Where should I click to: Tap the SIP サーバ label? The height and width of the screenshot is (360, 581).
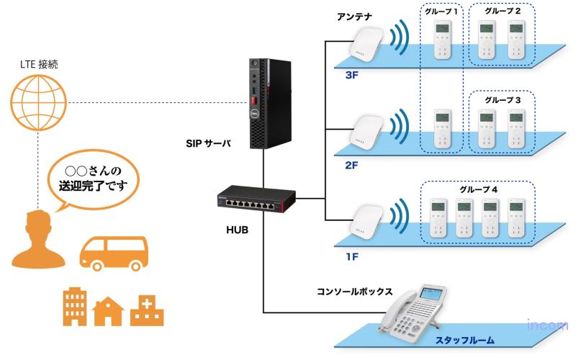coord(209,143)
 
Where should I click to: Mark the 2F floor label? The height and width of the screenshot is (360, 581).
coord(351,166)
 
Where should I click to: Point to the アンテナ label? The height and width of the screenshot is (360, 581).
coord(354,15)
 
